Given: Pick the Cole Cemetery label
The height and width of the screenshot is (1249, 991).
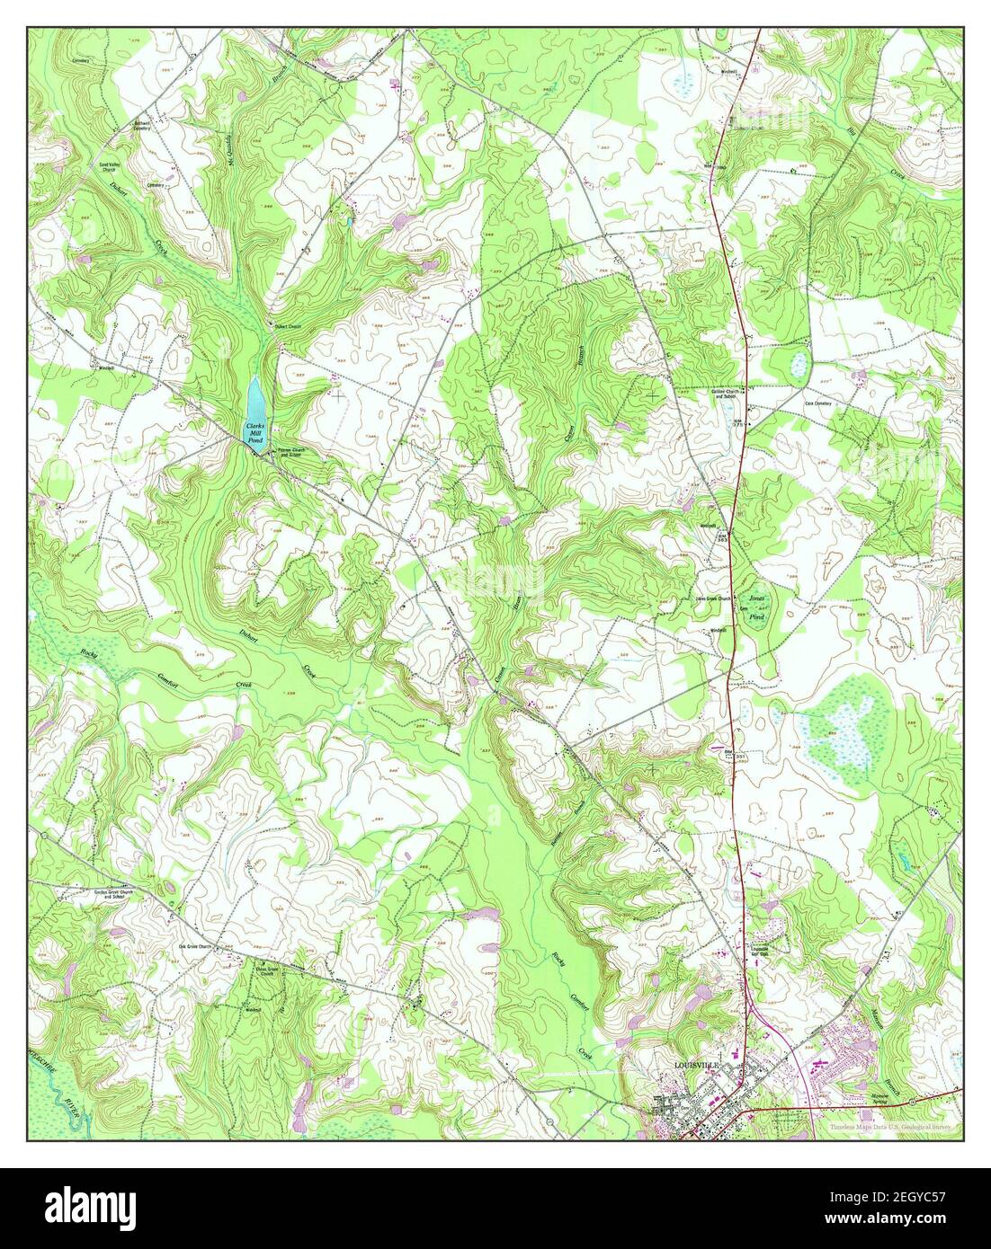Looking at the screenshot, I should click(x=817, y=404).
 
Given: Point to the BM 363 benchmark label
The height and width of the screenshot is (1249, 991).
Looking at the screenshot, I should click(x=724, y=537).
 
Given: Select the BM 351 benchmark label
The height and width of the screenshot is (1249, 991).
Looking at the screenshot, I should click(x=730, y=755).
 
